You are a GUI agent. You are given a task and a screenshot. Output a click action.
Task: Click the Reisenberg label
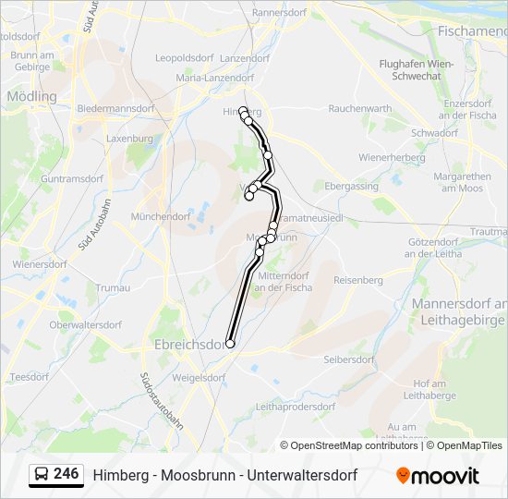(x=357, y=280)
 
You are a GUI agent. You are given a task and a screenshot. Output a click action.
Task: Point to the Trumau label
(x=113, y=287)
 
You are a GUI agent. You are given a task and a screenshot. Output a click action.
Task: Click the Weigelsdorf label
(x=199, y=377)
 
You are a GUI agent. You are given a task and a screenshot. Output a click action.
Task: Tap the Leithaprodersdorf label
(x=296, y=407)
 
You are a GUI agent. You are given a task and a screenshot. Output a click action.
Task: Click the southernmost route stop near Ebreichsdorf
(x=230, y=344)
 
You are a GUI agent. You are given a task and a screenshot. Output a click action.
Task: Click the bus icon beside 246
(x=42, y=475)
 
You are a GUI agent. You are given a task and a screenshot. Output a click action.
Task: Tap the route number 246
(x=66, y=474)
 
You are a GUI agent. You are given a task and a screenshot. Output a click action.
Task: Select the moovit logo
(x=438, y=476)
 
